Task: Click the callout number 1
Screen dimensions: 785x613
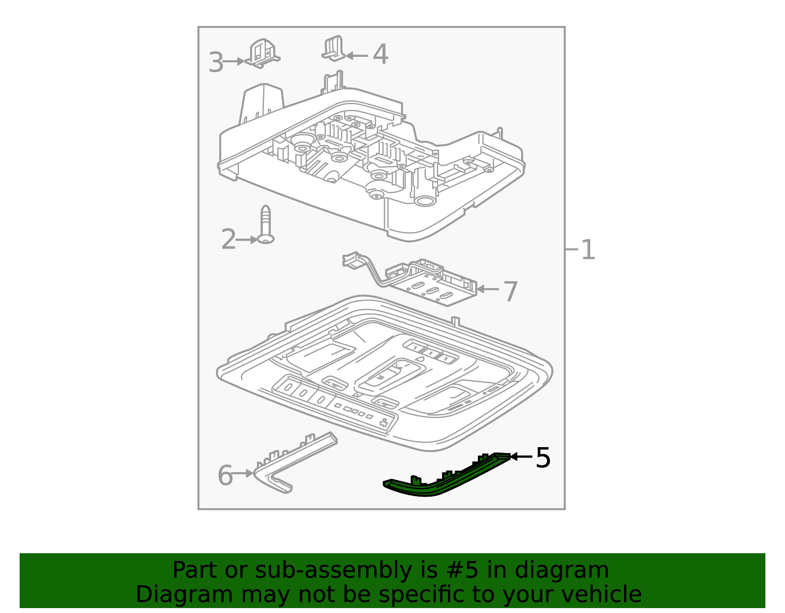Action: (x=588, y=250)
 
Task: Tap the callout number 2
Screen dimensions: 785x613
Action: (x=228, y=239)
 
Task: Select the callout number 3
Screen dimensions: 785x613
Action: (x=216, y=62)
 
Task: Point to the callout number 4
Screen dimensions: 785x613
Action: (x=380, y=54)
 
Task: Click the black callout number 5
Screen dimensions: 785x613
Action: (x=543, y=458)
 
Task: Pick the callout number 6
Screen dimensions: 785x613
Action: (x=225, y=475)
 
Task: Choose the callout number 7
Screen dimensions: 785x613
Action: (x=510, y=292)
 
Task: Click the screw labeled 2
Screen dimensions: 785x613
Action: (x=266, y=225)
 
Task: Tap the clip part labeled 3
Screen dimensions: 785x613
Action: (x=263, y=53)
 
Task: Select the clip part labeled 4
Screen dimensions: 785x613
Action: (x=333, y=49)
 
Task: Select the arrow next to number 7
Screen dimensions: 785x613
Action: (x=488, y=289)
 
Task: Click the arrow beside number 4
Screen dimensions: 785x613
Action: (x=357, y=55)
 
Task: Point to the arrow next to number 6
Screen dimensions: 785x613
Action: (x=242, y=473)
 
